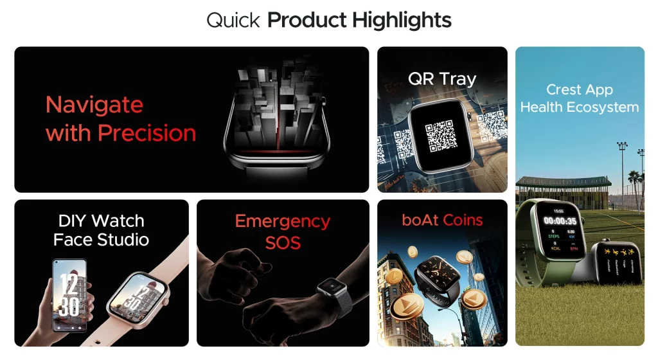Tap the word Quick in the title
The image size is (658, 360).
pyautogui.click(x=233, y=21)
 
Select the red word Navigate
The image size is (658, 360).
pyautogui.click(x=94, y=104)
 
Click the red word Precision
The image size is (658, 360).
pyautogui.click(x=147, y=133)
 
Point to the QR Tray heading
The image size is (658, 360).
pyautogui.click(x=442, y=79)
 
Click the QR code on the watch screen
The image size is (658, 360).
pyautogui.click(x=441, y=134)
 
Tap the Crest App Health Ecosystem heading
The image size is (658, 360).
pyautogui.click(x=580, y=98)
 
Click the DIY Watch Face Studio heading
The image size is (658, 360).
pyautogui.click(x=102, y=230)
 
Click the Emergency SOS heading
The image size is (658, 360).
pyautogui.click(x=283, y=231)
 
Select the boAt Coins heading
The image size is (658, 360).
pyautogui.click(x=442, y=220)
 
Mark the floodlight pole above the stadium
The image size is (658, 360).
pyautogui.click(x=621, y=167)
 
